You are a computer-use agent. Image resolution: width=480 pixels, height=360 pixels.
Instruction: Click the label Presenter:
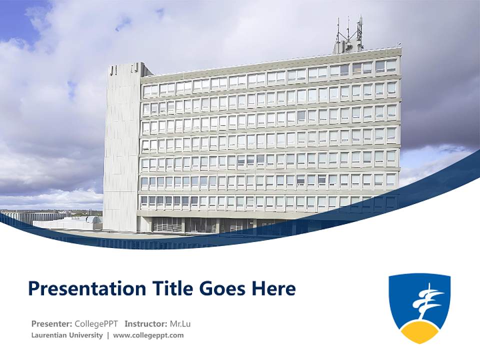pyautogui.click(x=51, y=323)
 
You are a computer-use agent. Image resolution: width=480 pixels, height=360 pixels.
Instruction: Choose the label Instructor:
pyautogui.click(x=145, y=323)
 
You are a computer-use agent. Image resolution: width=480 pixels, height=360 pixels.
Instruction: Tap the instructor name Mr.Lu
pyautogui.click(x=180, y=323)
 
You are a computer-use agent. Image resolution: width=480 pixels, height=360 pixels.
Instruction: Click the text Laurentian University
pyautogui.click(x=67, y=335)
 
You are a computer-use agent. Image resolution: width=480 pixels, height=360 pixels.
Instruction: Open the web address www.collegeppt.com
pyautogui.click(x=148, y=335)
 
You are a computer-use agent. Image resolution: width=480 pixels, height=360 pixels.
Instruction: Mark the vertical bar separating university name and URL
pyautogui.click(x=108, y=335)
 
